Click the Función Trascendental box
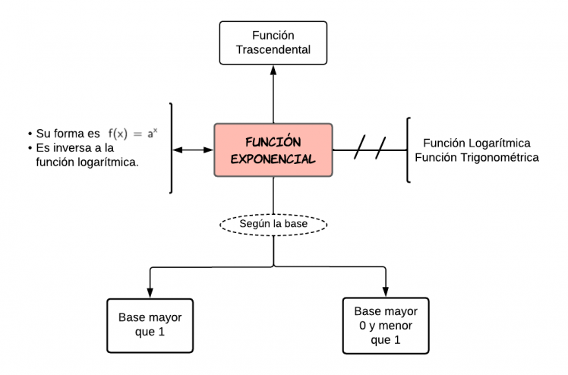273,43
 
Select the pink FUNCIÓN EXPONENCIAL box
273,150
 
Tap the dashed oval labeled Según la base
273,225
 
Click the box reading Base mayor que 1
150,324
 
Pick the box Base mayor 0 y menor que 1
386,324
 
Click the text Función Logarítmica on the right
476,143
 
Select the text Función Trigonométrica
481,158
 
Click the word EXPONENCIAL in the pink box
273,159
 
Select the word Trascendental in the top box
273,51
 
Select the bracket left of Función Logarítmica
409,150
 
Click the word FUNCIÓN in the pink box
273,142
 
